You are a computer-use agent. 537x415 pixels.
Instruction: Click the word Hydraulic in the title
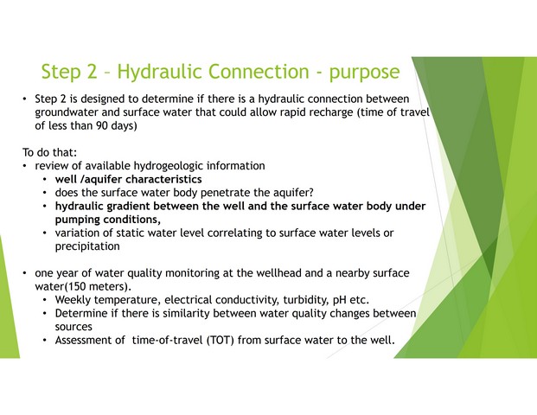click(159, 72)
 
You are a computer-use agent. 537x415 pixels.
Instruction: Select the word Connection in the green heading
click(259, 71)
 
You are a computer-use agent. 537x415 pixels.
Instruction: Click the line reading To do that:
click(49, 152)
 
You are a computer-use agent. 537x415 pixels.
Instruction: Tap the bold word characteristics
click(163, 179)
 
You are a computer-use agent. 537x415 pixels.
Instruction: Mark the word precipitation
click(87, 246)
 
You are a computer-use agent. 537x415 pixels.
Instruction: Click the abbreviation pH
click(339, 300)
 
